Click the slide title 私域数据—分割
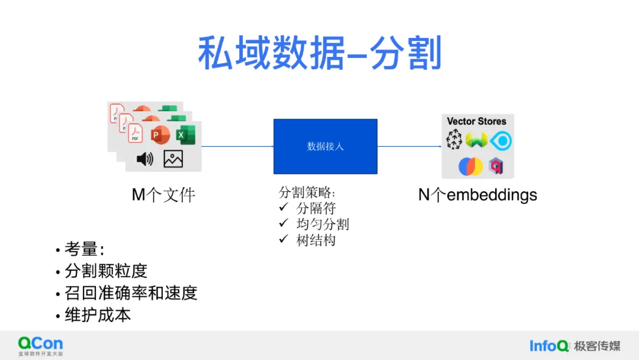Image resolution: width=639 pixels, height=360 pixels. pos(319,53)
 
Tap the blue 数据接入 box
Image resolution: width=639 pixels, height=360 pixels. pos(325,146)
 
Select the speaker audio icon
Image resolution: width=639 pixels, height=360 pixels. pos(145,159)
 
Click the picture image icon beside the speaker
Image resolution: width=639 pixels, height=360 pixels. pos(173,159)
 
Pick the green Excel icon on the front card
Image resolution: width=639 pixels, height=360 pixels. pos(181,136)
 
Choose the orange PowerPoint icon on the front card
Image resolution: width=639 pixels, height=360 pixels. pos(159,135)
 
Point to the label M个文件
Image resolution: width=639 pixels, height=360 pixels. pos(163,195)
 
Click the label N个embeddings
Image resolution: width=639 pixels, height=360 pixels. pos(477,195)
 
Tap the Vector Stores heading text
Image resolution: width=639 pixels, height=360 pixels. pos(476,121)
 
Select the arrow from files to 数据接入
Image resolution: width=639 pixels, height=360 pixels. pos(237,146)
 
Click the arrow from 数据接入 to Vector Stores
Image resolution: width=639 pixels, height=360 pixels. pos(409,146)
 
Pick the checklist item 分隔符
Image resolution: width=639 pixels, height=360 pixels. pos(316,208)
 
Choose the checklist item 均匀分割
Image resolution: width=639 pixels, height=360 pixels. pos(322,224)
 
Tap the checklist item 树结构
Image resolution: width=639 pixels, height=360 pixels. pos(316,240)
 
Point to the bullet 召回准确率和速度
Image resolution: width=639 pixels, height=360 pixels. pos(130,293)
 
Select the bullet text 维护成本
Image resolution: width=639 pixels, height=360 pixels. pos(98,314)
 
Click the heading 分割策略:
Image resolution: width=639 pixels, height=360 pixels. pos(306,192)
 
